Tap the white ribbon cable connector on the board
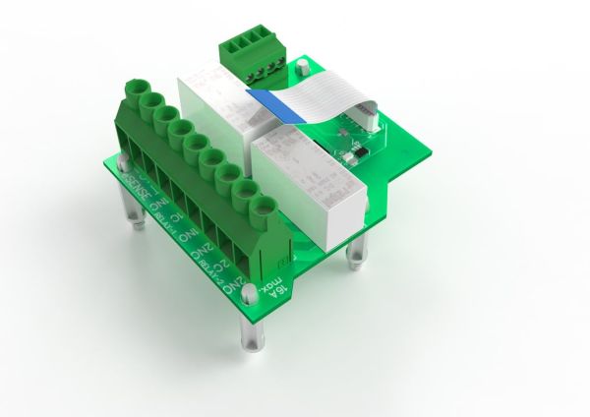tap(365, 114)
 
